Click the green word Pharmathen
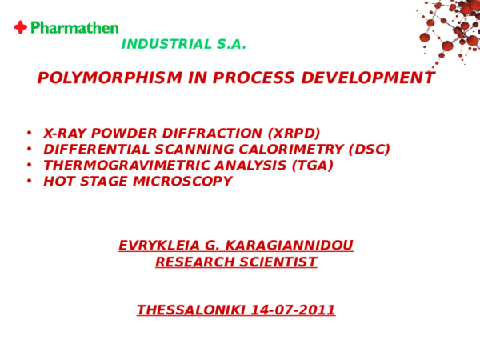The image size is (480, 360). (74, 28)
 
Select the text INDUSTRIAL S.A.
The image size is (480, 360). (183, 45)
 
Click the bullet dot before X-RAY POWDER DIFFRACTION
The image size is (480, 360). (28, 133)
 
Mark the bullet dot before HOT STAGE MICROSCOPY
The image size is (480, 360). (28, 182)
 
